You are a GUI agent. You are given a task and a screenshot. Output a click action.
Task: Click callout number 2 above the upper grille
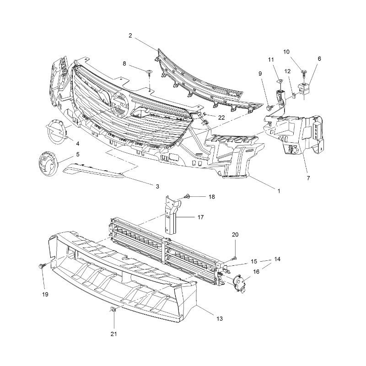click(130, 36)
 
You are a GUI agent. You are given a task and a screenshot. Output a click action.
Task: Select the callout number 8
click(124, 64)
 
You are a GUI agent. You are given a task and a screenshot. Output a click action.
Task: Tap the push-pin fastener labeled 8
click(149, 72)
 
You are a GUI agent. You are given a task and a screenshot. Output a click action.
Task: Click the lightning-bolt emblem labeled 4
click(56, 132)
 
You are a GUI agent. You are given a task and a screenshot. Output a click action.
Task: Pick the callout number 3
click(157, 186)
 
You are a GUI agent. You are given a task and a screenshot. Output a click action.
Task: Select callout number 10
click(286, 52)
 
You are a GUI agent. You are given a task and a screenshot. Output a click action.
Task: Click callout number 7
click(308, 178)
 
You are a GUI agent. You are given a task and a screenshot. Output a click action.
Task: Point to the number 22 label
click(221, 118)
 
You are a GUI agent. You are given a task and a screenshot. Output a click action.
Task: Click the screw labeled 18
click(187, 197)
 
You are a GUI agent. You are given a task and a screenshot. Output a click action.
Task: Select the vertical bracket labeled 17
click(172, 215)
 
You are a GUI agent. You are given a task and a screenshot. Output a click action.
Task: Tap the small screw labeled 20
click(234, 258)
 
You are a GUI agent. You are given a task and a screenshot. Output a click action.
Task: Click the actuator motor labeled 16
click(238, 283)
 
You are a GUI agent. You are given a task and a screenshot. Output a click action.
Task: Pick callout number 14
click(277, 259)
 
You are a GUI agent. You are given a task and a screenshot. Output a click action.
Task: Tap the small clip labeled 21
click(113, 310)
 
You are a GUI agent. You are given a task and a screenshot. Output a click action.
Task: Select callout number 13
click(220, 318)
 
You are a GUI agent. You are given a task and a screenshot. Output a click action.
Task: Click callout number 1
click(279, 191)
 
